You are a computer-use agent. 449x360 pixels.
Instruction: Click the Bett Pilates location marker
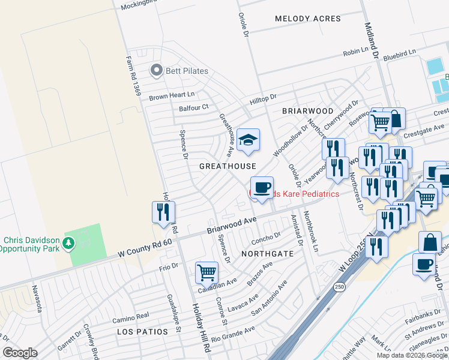point(157,71)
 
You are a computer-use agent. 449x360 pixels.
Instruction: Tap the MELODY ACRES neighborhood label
point(307,19)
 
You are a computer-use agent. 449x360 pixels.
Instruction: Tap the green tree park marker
point(70,243)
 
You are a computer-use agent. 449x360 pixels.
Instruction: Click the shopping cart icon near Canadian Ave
point(206,272)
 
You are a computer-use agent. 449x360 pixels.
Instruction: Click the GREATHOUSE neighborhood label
point(228,166)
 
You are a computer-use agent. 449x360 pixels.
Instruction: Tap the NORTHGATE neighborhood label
point(267,254)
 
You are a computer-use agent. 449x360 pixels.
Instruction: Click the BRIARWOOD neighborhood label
point(307,111)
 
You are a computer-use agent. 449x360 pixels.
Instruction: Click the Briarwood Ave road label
point(232,226)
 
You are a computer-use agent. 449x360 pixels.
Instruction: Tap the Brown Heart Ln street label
point(172,95)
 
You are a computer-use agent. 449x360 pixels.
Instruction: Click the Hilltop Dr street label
point(263,97)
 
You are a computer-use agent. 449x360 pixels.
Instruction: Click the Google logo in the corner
point(20,353)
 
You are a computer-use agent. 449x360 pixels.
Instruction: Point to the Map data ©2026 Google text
point(411,355)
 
